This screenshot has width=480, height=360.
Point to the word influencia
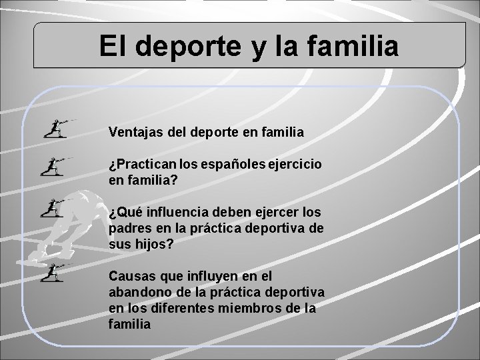click(173, 213)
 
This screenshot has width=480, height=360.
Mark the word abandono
click(137, 291)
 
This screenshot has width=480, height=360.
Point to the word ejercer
click(273, 213)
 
